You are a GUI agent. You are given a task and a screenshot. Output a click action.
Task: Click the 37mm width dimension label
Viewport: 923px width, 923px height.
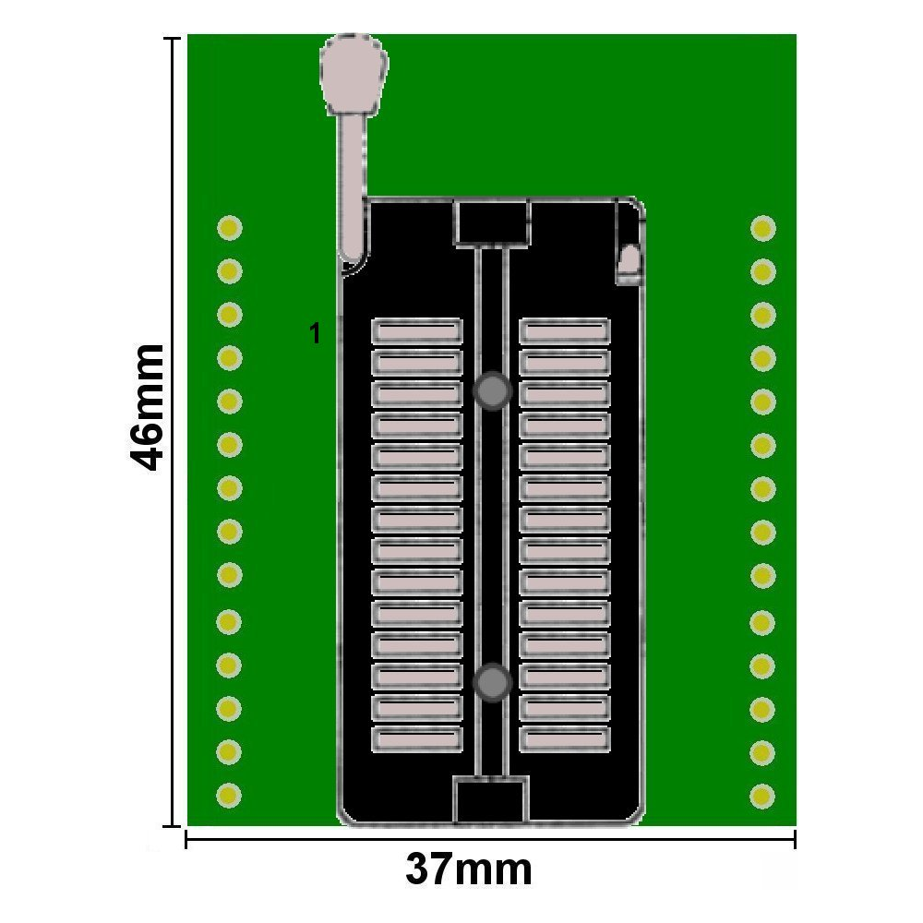click(469, 869)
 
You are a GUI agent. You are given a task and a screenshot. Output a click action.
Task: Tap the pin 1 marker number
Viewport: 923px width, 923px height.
click(315, 333)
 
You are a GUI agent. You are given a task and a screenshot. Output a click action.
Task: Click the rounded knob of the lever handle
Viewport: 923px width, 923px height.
click(353, 74)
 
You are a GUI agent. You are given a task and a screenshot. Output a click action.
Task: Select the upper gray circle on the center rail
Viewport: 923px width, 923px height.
click(493, 391)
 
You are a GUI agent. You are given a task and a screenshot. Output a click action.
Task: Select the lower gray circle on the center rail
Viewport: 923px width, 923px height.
click(493, 683)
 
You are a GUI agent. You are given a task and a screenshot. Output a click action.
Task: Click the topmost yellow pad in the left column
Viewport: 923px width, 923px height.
click(229, 227)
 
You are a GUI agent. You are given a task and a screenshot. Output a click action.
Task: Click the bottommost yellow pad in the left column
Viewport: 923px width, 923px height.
click(229, 794)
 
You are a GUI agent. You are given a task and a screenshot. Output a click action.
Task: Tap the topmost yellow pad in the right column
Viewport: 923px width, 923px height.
click(762, 227)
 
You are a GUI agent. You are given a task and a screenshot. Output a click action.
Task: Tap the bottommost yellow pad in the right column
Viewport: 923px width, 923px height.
click(762, 794)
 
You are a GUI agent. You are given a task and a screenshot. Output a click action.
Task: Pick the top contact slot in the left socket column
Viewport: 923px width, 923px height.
click(416, 330)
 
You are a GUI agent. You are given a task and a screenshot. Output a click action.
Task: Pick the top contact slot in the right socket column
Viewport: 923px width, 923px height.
click(564, 330)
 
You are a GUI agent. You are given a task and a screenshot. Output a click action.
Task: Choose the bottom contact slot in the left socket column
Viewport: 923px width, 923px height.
click(416, 738)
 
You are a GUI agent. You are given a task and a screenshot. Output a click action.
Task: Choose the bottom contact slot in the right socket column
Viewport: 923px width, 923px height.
click(564, 738)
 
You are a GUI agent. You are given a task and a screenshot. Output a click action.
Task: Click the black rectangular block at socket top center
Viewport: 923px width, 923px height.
click(492, 223)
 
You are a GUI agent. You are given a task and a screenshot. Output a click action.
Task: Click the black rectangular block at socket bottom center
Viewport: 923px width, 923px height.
click(490, 800)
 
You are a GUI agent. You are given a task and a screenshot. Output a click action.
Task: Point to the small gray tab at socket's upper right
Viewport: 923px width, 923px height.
click(629, 262)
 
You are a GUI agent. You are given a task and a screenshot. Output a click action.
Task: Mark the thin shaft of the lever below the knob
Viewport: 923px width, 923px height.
click(352, 185)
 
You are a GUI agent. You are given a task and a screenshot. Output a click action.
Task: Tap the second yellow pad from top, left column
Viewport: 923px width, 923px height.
click(229, 271)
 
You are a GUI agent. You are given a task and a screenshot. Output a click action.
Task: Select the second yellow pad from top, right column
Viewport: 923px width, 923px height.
click(762, 271)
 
